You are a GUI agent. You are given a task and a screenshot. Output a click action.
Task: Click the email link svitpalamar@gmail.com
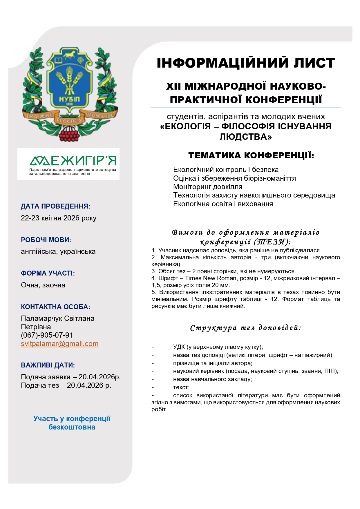coord(59,344)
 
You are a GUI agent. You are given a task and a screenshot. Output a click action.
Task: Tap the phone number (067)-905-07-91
coord(47,335)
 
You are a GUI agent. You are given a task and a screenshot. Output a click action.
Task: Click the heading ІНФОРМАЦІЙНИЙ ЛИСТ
coord(246,63)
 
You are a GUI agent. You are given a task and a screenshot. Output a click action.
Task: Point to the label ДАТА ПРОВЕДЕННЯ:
coord(55,207)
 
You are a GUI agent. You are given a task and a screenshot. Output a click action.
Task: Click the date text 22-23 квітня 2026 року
coord(59,218)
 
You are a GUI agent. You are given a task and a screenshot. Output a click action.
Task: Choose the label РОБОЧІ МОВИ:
coord(46,240)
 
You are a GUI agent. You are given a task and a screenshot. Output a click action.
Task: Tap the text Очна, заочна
coord(43,285)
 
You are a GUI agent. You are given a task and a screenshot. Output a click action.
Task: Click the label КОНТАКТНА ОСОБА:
coord(55,307)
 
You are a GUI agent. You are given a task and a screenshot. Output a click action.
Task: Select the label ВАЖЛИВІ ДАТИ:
coord(48,365)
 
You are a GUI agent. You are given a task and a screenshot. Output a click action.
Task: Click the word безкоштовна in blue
coord(72,427)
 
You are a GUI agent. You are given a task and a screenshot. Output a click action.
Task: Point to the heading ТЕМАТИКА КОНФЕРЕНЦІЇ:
coord(251,155)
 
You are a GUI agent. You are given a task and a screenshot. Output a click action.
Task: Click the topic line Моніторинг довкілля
coord(208,187)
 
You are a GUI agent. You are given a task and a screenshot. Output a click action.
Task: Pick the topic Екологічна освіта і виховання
coord(223,204)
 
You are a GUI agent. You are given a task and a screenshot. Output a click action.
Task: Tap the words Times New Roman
coord(211,278)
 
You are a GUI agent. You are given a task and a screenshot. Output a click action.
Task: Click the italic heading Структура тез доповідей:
coord(246,328)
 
